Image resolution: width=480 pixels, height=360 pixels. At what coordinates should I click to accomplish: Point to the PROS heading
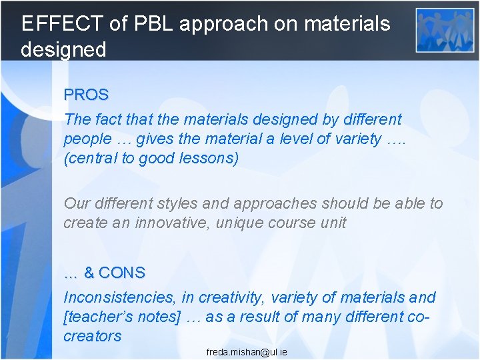click(x=86, y=95)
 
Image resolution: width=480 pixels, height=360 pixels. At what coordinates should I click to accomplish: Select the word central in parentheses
click(x=93, y=159)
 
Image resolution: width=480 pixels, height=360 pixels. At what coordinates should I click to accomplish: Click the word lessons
click(x=209, y=159)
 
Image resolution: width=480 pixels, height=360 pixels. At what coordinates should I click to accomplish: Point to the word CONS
click(x=121, y=273)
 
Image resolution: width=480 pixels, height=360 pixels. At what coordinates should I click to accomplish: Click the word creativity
click(x=235, y=297)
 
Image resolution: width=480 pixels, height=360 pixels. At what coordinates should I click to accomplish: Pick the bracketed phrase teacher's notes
click(x=122, y=317)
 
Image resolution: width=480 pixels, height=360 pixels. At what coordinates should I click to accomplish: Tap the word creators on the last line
click(x=93, y=336)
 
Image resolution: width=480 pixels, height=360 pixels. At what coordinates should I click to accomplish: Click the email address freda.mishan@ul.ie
click(x=247, y=351)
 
